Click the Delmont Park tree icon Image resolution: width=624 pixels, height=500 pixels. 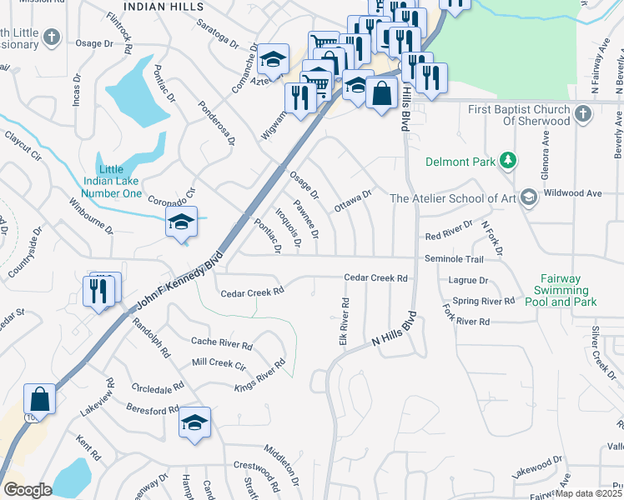pyautogui.click(x=506, y=161)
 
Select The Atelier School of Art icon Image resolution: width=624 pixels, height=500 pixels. pyautogui.click(x=527, y=197)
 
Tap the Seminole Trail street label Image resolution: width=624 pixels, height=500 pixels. pyautogui.click(x=454, y=259)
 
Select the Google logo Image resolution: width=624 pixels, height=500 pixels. pyautogui.click(x=28, y=489)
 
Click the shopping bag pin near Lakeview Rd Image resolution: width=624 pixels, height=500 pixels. pyautogui.click(x=39, y=401)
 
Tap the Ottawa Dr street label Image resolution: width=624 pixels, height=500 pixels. pyautogui.click(x=352, y=201)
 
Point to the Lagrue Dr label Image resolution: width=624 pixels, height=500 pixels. pyautogui.click(x=467, y=282)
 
